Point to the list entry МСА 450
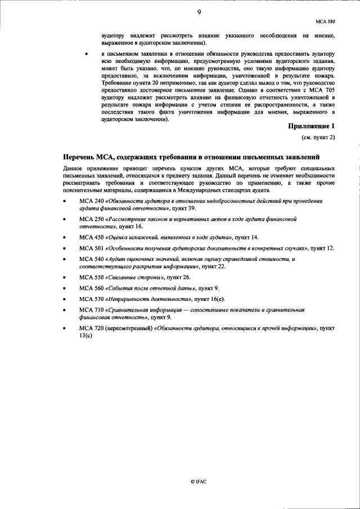click(x=91, y=237)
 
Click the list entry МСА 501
click(x=91, y=247)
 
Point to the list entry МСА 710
click(x=91, y=310)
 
